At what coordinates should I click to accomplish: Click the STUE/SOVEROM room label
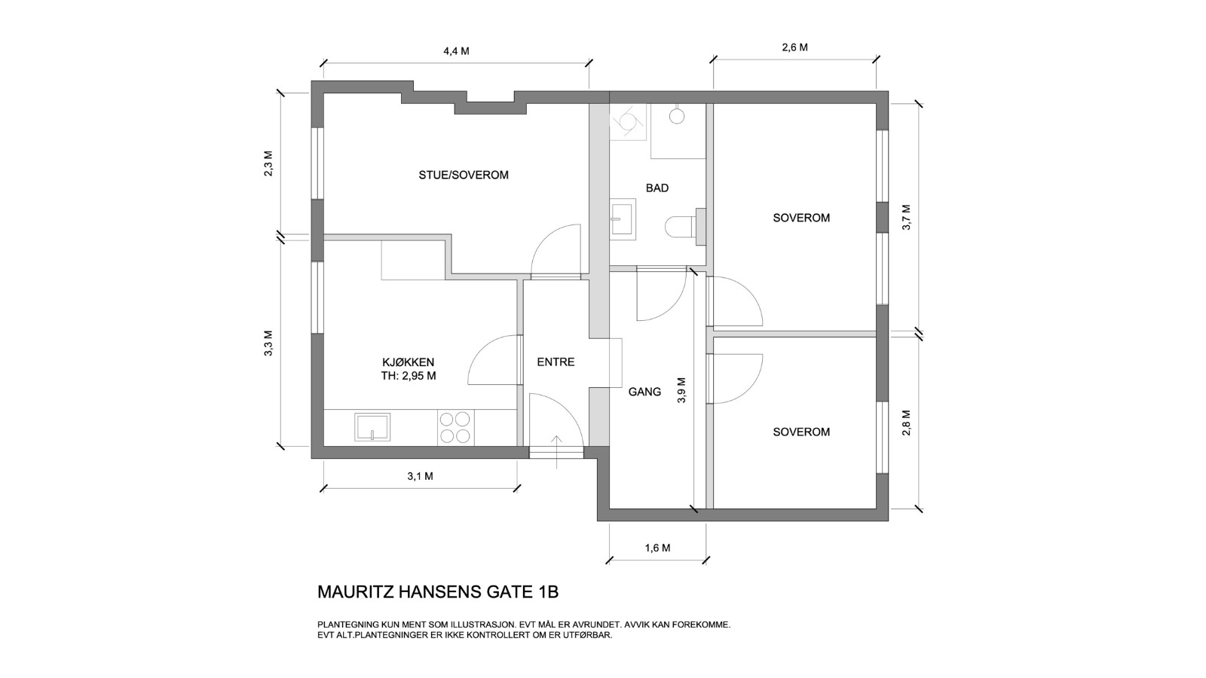click(x=464, y=175)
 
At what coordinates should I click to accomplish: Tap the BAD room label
click(x=657, y=188)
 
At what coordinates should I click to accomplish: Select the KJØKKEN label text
click(x=408, y=362)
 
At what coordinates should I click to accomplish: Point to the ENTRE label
click(x=556, y=362)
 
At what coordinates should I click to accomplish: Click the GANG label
click(x=644, y=392)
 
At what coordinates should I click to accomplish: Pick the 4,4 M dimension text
click(x=456, y=51)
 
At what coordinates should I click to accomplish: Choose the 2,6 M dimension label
click(x=794, y=47)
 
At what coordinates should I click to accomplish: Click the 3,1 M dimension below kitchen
click(x=420, y=476)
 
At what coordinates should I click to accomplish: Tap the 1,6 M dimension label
click(x=657, y=548)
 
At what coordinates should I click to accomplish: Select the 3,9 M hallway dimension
click(x=681, y=390)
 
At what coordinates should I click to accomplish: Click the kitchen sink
click(x=372, y=427)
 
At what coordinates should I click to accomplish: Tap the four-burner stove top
click(x=455, y=427)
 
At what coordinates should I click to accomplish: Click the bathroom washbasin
click(x=623, y=218)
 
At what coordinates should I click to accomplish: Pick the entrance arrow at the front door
click(x=556, y=451)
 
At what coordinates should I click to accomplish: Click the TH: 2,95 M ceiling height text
click(x=409, y=376)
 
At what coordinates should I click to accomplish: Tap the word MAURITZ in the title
click(x=355, y=592)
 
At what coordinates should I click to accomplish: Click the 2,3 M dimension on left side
click(x=268, y=163)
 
